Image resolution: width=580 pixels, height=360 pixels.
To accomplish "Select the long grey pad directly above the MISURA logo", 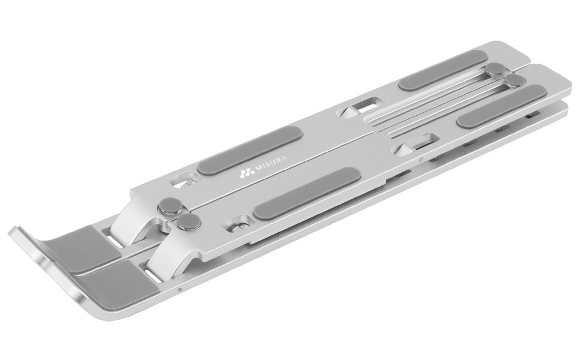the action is [x=250, y=150].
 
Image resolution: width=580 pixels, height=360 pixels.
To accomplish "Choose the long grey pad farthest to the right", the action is [x=502, y=106].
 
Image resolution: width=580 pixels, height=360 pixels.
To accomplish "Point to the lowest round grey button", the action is [x=189, y=223].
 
